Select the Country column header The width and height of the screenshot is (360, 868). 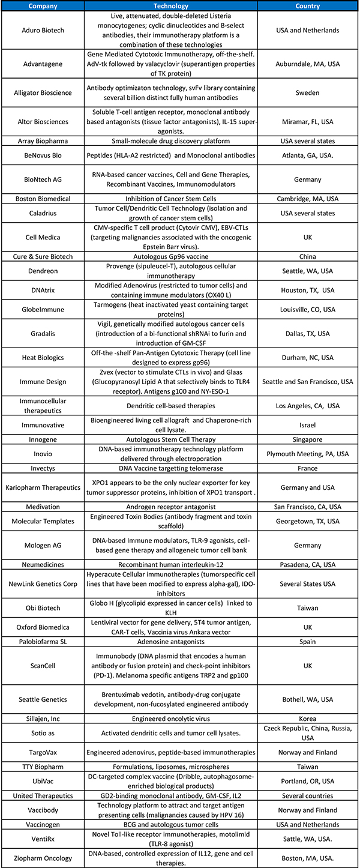307,5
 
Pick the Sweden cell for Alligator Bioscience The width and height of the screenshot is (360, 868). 307,93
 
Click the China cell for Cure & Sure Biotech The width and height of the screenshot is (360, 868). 307,256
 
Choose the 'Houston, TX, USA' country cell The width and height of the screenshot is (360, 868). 307,291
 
